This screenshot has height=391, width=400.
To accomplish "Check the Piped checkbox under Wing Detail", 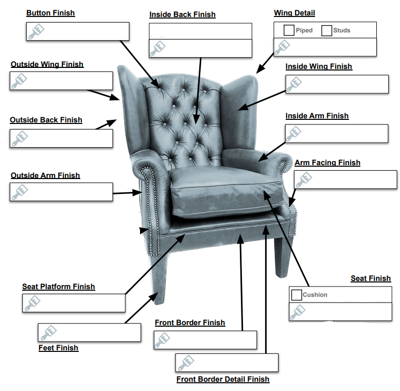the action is pos(289,30).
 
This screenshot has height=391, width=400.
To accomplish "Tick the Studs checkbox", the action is pos(326,30).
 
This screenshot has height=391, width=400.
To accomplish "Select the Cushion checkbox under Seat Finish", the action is pos(297,295).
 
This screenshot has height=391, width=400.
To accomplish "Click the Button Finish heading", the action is pos(50,13).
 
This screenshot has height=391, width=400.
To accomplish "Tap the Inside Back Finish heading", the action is pos(182,14).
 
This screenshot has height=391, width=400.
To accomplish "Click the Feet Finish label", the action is pos(58,348).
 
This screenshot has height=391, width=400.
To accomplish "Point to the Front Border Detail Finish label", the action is pos(223,379).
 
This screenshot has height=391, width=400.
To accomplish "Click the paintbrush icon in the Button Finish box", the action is pos(36,31).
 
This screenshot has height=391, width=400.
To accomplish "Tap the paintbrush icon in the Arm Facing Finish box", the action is pos(304,180).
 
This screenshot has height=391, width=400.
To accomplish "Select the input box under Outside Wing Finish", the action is pos(61,81).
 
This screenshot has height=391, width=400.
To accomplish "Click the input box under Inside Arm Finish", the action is pos(337,134).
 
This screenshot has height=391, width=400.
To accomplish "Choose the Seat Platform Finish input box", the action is pos(74,303).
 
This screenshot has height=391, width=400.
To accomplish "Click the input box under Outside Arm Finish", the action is pos(61,192).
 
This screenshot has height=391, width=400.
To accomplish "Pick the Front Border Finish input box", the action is pos(205,340).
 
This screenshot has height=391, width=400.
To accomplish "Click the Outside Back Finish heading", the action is pos(46,120).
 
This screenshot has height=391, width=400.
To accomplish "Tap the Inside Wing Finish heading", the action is pos(319,66).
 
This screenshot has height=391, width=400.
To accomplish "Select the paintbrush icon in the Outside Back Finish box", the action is pos(20,138).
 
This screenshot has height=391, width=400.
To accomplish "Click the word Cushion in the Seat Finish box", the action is pos(315,295).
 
